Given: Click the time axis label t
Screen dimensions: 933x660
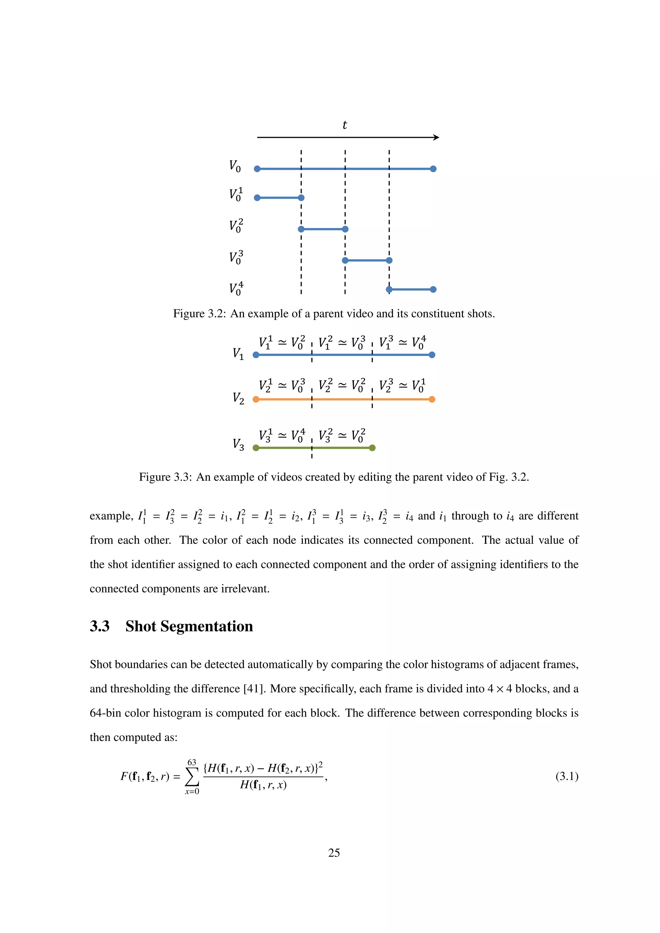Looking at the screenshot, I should (345, 125).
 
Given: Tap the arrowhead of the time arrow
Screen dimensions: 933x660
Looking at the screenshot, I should (436, 137).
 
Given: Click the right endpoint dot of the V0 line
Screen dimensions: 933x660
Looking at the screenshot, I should (433, 168).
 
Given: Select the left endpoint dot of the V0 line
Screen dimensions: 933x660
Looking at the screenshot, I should (257, 168).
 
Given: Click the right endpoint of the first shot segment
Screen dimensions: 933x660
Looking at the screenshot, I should (301, 198).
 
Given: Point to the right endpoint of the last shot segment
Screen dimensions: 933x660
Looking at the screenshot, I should (433, 289).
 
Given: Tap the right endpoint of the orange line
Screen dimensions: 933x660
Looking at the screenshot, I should (432, 399).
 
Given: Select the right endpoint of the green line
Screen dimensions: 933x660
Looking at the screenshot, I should (372, 448).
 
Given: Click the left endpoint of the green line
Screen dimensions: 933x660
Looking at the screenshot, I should (256, 448).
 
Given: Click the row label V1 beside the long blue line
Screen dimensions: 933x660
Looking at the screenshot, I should (238, 353).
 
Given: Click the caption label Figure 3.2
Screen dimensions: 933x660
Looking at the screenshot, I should (199, 314).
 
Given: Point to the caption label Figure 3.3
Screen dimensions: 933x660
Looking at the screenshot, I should (165, 477).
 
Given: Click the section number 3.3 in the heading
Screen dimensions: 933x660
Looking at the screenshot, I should (100, 626).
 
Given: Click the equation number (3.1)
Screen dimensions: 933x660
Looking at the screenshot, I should (567, 776).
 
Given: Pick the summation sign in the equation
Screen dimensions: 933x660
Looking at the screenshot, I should (192, 777).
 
